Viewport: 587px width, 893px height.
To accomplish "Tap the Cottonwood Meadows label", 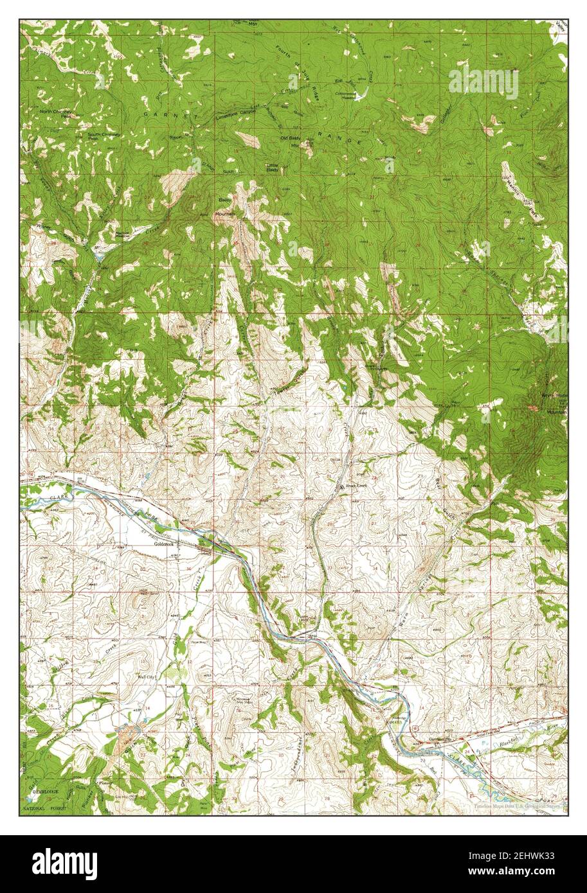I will tap(348, 94).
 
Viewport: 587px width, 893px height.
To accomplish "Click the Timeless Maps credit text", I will tap(517, 806).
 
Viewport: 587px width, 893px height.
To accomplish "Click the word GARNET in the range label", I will tap(158, 114).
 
